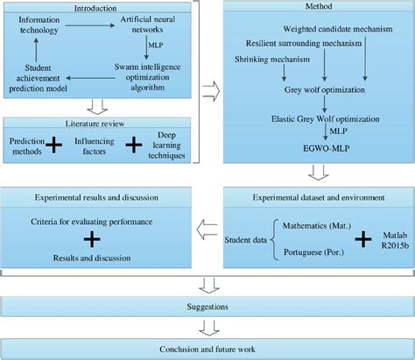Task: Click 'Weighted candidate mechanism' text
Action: pos(330,30)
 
